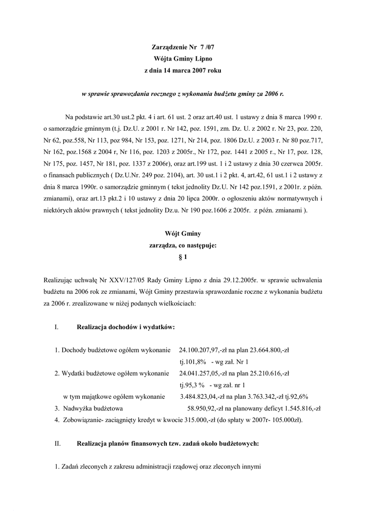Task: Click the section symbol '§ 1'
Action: [x=183, y=257]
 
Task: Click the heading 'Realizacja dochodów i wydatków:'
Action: [x=126, y=327]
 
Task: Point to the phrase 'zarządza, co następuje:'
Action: [x=183, y=245]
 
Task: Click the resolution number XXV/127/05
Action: [x=108, y=280]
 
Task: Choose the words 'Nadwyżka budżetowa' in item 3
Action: [x=93, y=409]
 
